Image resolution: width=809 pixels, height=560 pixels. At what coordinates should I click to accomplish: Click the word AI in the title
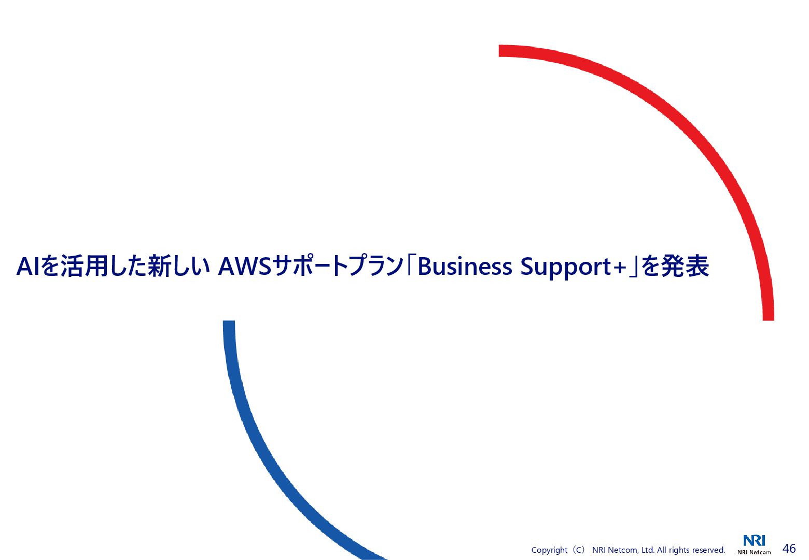coord(28,267)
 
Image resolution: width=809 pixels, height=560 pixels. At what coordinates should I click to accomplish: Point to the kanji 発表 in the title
coord(685,267)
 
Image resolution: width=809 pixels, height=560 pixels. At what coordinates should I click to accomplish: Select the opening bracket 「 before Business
coord(411,265)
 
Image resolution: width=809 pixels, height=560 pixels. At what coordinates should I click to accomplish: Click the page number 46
coord(789,549)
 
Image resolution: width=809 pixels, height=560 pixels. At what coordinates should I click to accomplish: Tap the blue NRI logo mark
coord(754,541)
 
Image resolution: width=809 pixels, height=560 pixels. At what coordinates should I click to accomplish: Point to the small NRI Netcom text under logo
coord(754,552)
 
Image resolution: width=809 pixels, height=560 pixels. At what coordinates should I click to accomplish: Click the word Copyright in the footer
coord(549,550)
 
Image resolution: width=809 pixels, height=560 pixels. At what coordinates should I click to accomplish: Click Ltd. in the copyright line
coord(648,550)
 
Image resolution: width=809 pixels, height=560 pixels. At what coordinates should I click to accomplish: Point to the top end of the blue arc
coord(229,323)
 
